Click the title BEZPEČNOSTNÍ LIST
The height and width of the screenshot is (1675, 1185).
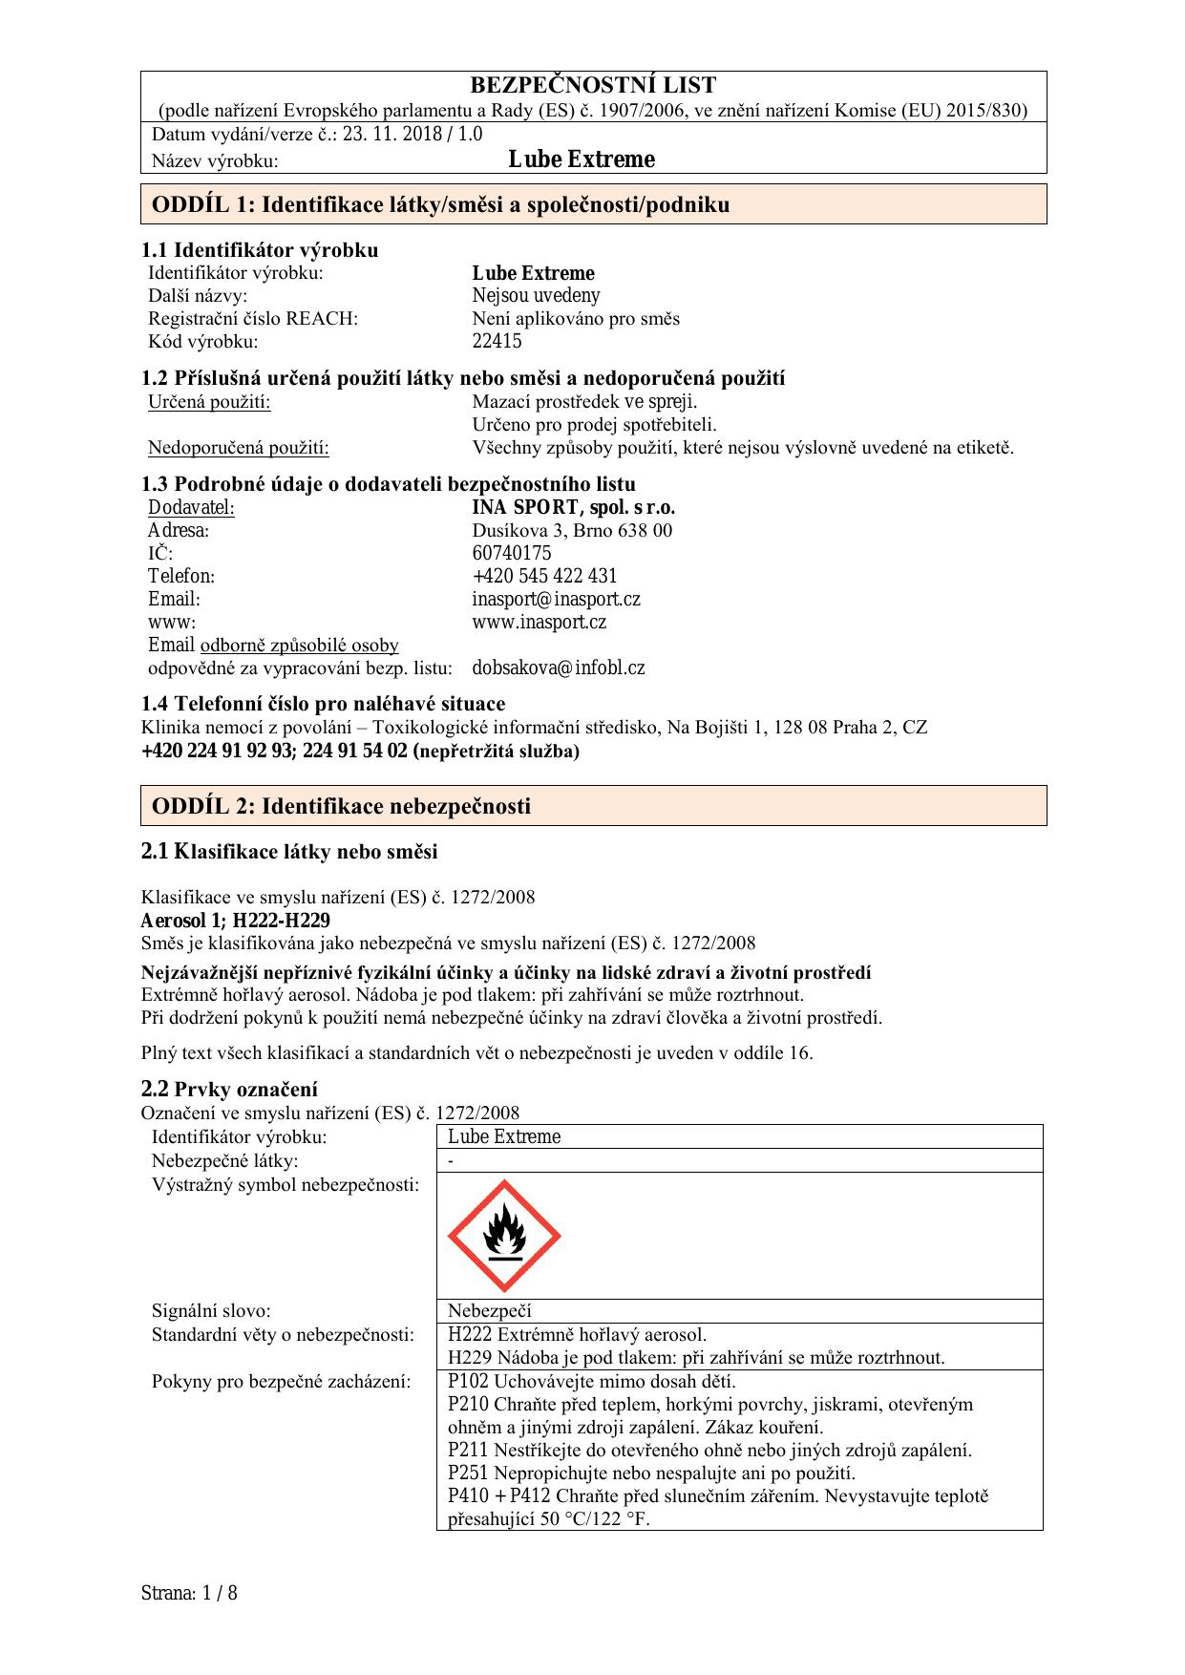593,86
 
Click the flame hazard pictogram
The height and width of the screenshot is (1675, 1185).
504,1236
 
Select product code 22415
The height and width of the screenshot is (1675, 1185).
497,341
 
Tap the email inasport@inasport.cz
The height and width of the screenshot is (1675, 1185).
556,599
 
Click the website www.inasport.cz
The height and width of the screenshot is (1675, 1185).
539,622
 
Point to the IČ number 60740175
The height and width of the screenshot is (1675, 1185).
511,553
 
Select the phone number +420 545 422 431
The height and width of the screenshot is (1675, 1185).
544,576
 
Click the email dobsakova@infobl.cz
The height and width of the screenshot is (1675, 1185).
558,668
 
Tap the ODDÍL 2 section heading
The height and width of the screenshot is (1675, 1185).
341,806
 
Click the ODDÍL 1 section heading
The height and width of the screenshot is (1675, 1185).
440,204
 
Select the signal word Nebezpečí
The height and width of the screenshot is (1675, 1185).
489,1310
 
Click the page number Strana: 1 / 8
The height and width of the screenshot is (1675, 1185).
188,1593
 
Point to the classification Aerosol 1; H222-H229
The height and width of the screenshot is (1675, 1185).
235,921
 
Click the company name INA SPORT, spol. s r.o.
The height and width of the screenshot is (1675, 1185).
573,507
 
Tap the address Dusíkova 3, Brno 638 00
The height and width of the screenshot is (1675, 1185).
571,530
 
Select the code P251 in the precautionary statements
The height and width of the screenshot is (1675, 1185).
468,1473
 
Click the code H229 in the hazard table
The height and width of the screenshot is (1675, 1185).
468,1357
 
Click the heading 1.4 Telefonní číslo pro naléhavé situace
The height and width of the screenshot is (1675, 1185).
323,704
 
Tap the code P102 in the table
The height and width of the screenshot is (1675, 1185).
468,1381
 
